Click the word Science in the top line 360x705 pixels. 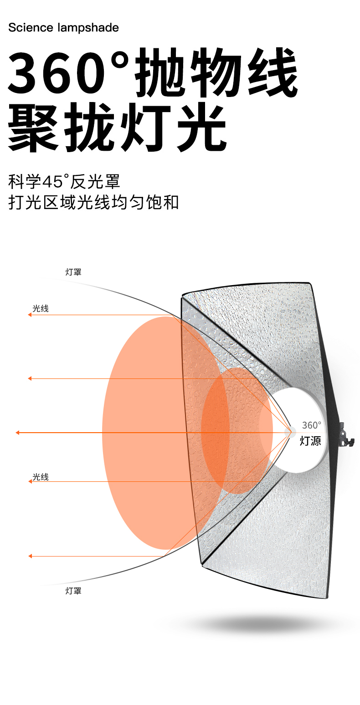click(x=31, y=28)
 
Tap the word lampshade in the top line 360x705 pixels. click(x=88, y=28)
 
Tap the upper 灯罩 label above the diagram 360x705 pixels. click(x=73, y=272)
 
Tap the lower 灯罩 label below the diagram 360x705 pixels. click(x=73, y=591)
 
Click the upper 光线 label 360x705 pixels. click(x=40, y=308)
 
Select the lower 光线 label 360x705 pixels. click(x=40, y=477)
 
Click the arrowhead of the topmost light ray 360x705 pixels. click(x=30, y=315)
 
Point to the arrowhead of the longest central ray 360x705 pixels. click(x=17, y=432)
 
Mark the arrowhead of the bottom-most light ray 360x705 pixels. click(x=30, y=556)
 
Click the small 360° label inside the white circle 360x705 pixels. click(x=311, y=425)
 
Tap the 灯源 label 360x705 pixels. click(x=310, y=441)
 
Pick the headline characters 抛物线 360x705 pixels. click(x=216, y=73)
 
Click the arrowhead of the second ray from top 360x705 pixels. click(x=30, y=378)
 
